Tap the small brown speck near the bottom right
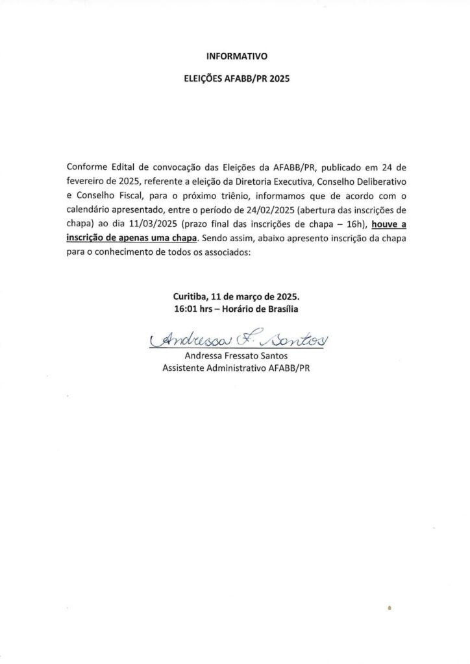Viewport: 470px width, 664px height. tap(390, 609)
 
